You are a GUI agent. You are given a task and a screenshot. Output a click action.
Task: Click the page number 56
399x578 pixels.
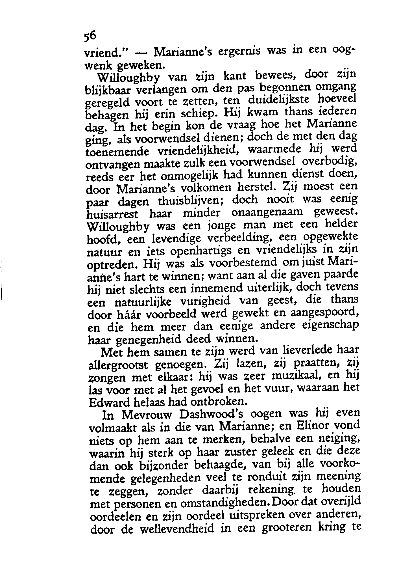[90, 36]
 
